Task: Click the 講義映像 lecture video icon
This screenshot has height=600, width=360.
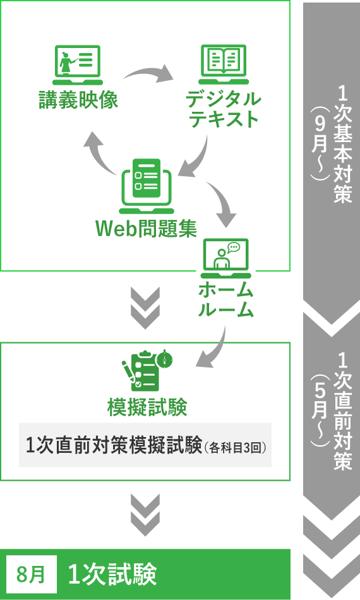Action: point(78,64)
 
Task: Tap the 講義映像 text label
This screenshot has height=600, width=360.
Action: point(78,100)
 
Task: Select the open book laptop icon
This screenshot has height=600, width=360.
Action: point(224,64)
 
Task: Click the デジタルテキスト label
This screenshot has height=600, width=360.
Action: point(224,109)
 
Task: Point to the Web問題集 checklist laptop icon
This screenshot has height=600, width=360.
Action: point(147,186)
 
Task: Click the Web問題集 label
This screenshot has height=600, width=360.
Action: point(146,229)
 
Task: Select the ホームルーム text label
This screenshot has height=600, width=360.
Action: point(225,300)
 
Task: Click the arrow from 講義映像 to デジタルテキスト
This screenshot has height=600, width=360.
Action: point(148,73)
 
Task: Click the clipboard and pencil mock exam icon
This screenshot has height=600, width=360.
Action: point(147,370)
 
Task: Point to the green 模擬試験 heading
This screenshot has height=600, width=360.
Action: point(147,407)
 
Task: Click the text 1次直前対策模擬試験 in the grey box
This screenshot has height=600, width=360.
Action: point(114,445)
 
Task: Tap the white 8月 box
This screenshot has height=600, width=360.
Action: point(31,574)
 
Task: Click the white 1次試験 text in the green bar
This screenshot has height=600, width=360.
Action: point(112,574)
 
